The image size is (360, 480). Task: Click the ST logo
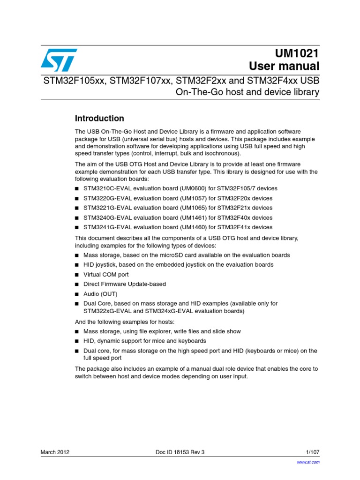pos(59,60)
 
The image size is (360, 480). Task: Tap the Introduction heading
pos(99,118)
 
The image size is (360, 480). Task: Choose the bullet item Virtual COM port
pos(106,275)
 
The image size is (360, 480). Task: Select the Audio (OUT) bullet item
pos(100,294)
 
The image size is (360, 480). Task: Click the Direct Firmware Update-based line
pos(125,284)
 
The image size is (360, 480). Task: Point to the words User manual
pos(284,66)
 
